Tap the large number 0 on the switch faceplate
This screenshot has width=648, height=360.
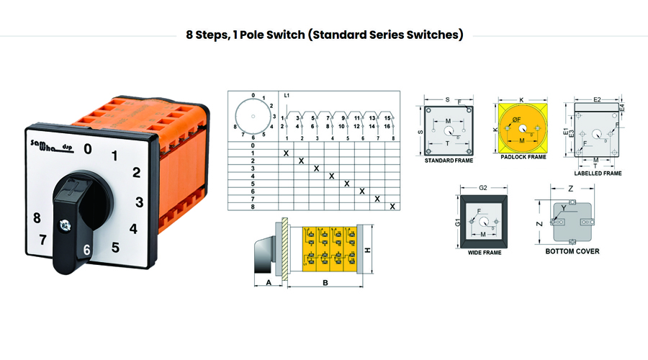88,149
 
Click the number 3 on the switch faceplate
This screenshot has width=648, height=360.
140,202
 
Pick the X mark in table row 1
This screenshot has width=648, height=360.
286,153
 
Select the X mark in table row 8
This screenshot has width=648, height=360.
392,207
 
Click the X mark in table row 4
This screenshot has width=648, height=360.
331,176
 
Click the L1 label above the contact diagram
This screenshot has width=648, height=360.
287,95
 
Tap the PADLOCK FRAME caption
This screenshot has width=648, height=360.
521,156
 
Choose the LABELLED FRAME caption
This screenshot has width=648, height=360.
598,174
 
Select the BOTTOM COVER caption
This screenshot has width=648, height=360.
572,251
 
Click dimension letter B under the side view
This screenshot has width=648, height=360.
325,283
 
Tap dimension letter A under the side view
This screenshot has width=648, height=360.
269,283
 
